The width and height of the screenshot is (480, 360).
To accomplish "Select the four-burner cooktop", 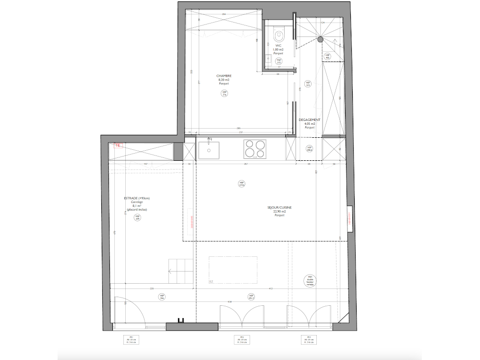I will (255, 148).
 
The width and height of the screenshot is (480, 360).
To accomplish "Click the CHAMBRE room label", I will (224, 76).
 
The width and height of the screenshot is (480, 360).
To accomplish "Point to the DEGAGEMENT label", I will (310, 120).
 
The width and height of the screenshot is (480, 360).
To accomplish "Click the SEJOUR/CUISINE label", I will (280, 208).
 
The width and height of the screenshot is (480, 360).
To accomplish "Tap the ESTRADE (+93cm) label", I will (137, 199).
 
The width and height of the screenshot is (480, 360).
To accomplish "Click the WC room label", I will (278, 46).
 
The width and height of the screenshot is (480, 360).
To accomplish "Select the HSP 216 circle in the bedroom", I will (224, 94).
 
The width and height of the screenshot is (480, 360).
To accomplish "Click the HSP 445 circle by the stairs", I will (328, 56).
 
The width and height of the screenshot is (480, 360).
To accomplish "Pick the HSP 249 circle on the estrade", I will (137, 217).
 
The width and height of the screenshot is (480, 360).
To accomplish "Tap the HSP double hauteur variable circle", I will (311, 281).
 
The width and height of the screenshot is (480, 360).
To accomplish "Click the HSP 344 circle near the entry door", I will (162, 297).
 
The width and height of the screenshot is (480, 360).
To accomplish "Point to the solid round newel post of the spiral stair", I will (320, 40).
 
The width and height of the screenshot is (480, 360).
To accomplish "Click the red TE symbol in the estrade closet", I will (117, 144).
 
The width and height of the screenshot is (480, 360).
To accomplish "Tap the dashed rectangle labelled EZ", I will (233, 270).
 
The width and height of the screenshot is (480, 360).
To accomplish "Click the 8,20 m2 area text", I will (224, 80).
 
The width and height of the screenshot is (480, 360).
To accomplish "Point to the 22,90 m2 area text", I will (279, 212).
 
